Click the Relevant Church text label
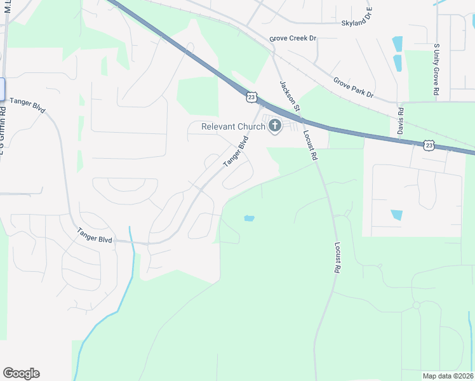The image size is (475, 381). (233, 126)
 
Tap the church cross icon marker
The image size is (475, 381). (275, 126)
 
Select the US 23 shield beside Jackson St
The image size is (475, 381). (252, 97)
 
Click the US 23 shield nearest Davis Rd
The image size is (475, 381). (429, 145)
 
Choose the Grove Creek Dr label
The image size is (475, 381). (293, 39)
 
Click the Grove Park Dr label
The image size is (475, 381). (353, 88)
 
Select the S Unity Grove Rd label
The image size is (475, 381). (436, 70)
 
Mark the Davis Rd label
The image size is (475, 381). (401, 120)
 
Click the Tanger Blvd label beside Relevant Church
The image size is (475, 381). (235, 154)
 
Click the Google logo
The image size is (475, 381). (21, 373)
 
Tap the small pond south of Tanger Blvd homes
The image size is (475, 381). (249, 218)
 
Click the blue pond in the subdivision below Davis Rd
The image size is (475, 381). (397, 215)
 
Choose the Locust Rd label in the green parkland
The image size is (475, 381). (337, 257)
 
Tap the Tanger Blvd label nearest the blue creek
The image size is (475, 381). (95, 236)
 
